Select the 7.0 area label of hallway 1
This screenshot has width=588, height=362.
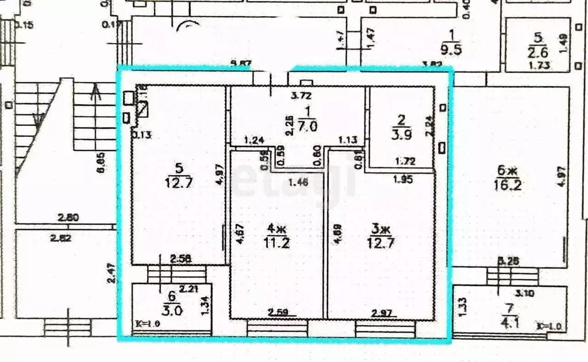308,128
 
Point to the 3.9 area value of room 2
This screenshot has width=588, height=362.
401,134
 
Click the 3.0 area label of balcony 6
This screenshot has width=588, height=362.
170,311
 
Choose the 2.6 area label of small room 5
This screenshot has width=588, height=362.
538,53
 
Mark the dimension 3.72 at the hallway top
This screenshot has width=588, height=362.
302,95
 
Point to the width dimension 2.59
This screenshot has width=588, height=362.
278,313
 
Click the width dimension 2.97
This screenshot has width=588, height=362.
382,313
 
